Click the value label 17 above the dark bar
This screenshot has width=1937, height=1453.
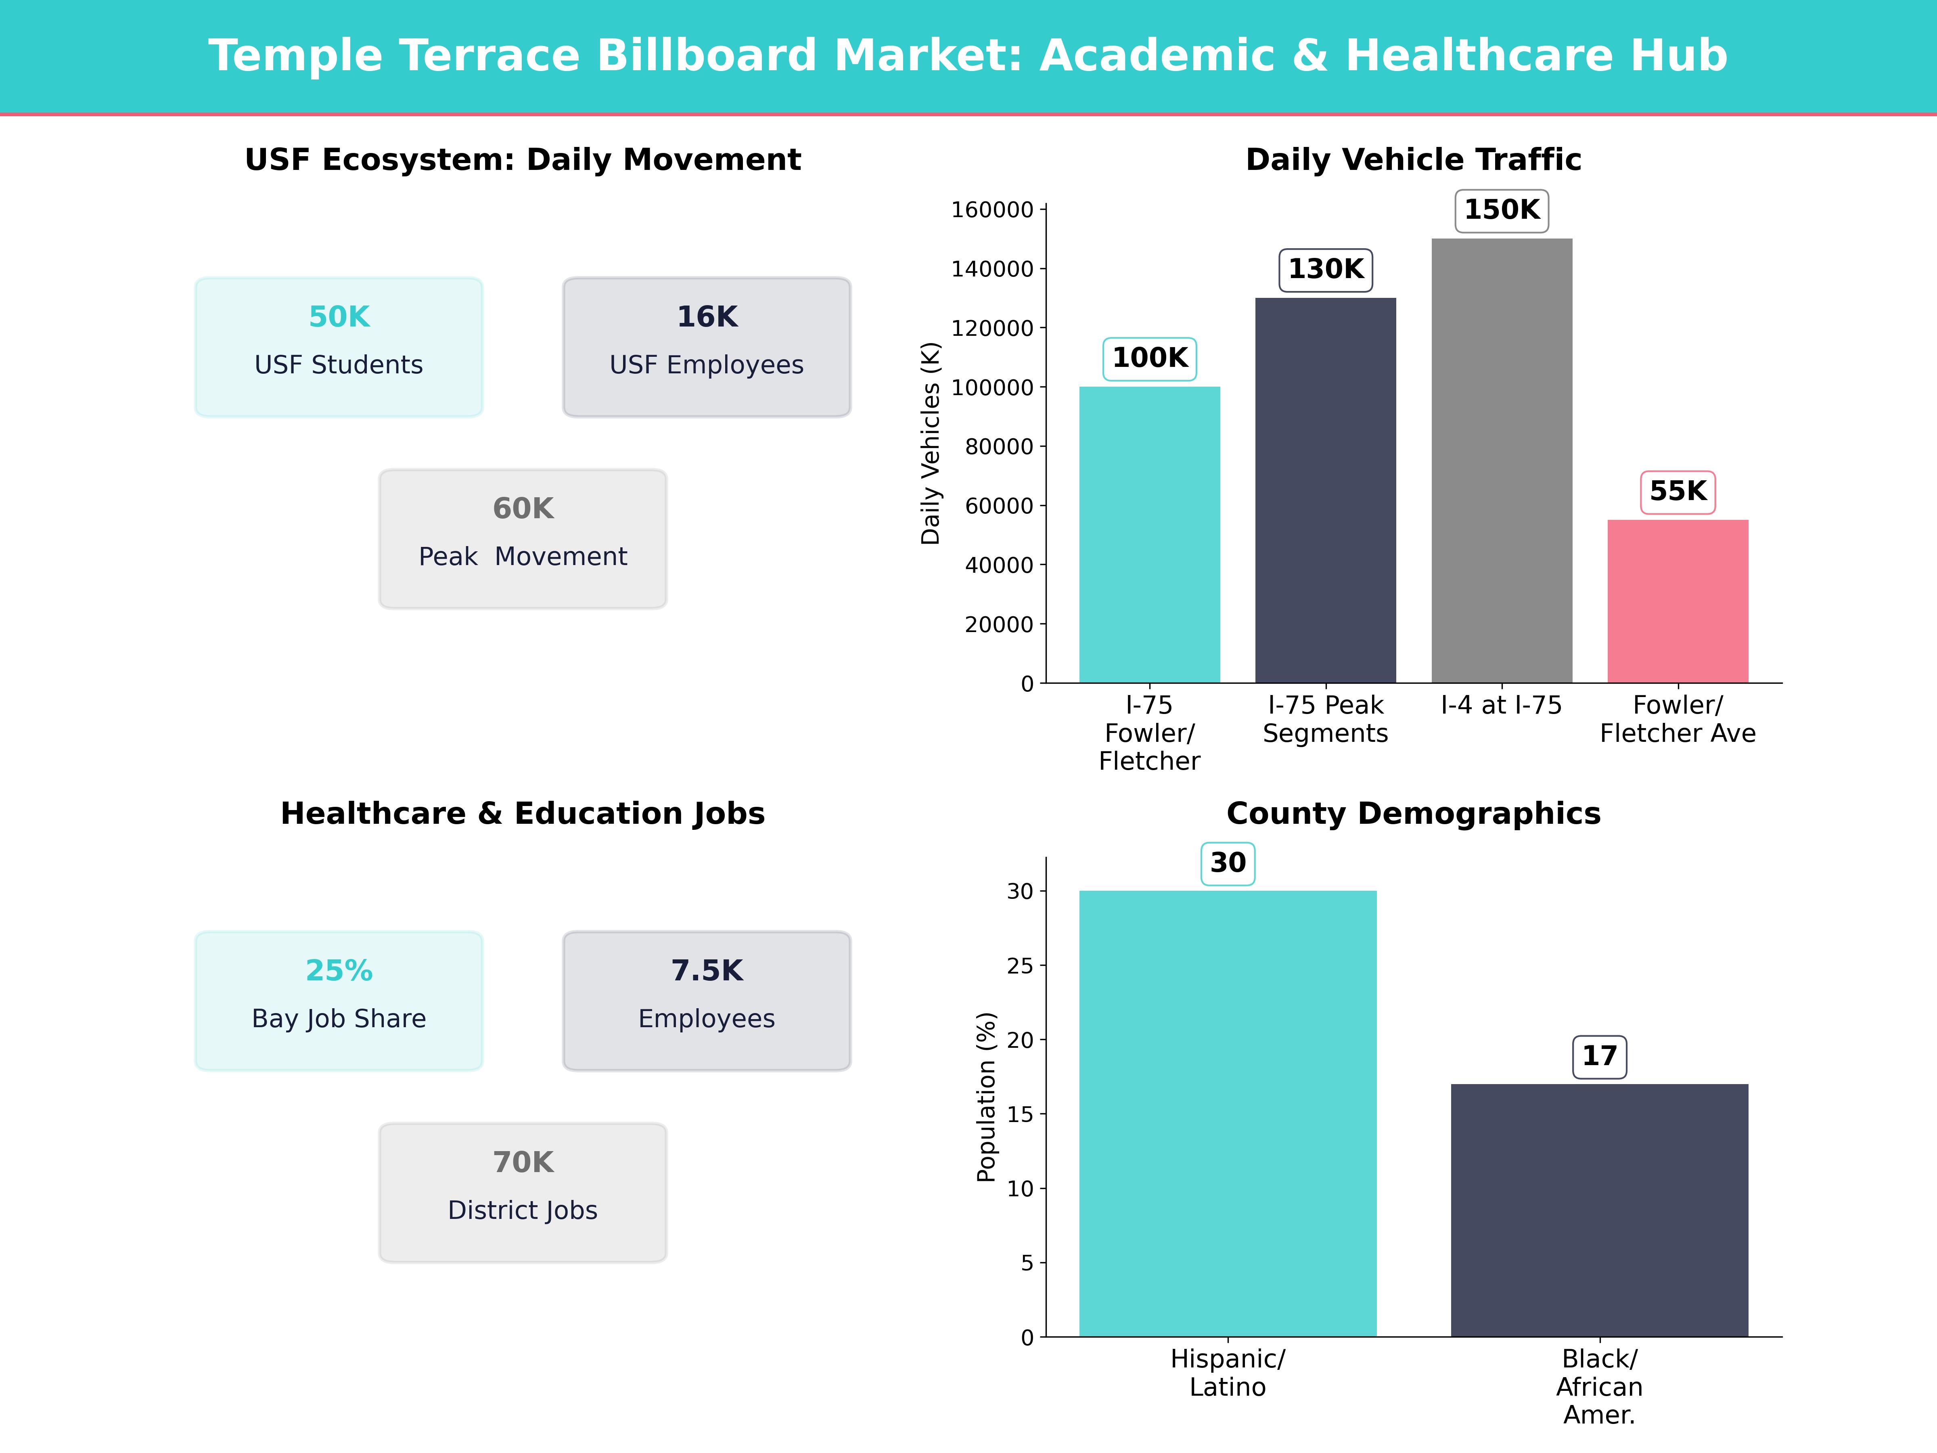pyautogui.click(x=1599, y=1056)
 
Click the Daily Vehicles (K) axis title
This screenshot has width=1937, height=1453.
pyautogui.click(x=930, y=443)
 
